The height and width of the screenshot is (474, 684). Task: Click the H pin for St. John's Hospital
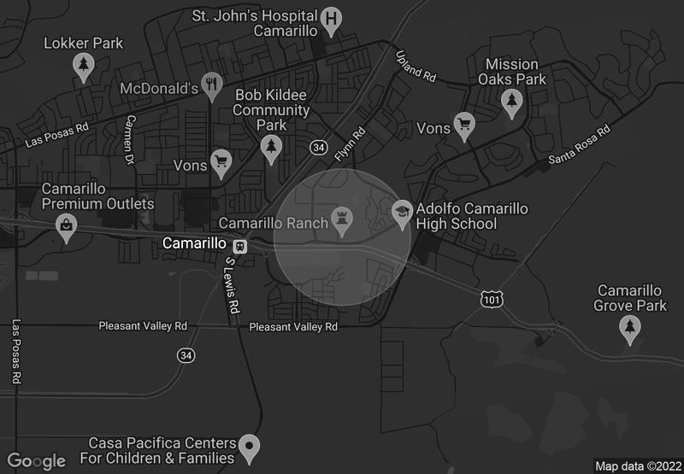tap(332, 19)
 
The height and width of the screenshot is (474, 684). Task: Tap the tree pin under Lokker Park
tap(83, 66)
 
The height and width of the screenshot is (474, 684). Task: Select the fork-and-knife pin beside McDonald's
tap(212, 86)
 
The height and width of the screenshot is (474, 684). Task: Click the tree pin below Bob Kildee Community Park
tap(272, 148)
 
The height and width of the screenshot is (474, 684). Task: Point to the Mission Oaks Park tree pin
tap(511, 102)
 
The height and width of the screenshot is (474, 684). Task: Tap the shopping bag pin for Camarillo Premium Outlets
tap(66, 226)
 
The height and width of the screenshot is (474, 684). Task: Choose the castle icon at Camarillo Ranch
tap(343, 220)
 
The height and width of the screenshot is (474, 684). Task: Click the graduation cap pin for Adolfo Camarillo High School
tap(402, 210)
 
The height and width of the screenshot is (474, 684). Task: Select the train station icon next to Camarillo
tap(240, 245)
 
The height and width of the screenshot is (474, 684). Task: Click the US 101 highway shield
tap(491, 298)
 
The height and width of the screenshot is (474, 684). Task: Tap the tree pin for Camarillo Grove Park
tap(630, 328)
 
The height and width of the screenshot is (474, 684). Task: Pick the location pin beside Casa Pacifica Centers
tap(250, 445)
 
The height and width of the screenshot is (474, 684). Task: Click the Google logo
tap(37, 461)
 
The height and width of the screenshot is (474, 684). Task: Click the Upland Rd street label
tap(416, 66)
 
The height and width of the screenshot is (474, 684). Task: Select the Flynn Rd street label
tap(351, 143)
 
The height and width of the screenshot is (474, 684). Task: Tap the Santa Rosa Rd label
tap(580, 145)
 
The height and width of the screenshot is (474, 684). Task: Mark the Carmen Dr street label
tap(130, 139)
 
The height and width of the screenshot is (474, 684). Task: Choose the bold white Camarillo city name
tap(194, 244)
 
